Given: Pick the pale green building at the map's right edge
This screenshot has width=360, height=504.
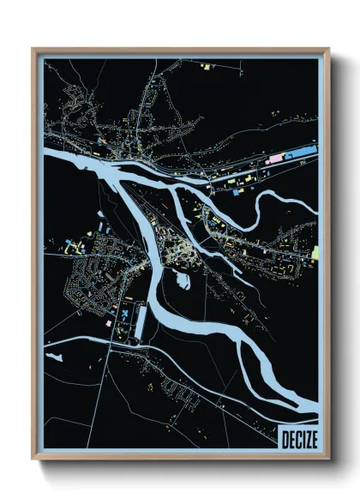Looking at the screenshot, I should [315, 252].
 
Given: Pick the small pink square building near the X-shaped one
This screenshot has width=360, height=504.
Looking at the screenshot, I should [108, 324].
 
